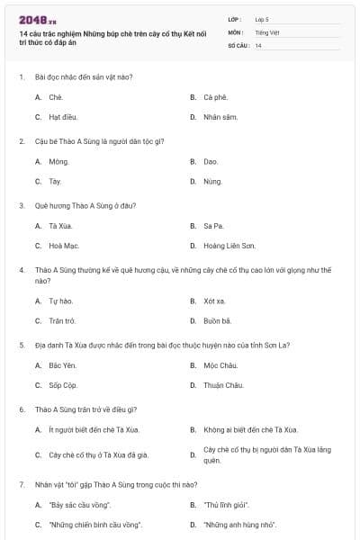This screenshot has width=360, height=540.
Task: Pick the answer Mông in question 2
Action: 59,161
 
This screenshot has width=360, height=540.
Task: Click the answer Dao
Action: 211,161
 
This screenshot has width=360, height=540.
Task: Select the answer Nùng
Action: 212,181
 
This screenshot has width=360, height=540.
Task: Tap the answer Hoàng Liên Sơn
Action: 229,245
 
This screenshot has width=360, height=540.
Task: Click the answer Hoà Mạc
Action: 64,245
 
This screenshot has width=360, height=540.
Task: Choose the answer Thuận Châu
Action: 222,385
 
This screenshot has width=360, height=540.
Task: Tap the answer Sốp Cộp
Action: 63,385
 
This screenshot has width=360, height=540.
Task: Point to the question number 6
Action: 21,409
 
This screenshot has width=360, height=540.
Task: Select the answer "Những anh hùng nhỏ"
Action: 239,524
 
